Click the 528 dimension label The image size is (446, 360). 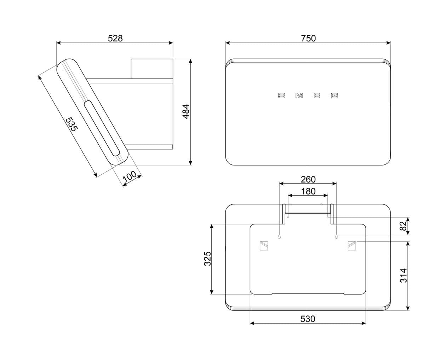tap(115, 38)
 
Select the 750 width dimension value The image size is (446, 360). tap(308, 38)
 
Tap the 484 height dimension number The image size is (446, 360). tap(186, 111)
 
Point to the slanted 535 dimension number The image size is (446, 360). tap(72, 124)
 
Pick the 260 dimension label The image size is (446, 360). tap(308, 179)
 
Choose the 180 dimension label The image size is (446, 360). tap(308, 191)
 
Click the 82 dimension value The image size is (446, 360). tap(403, 226)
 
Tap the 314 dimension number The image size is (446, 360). tap(404, 276)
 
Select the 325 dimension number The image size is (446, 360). tap(207, 259)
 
